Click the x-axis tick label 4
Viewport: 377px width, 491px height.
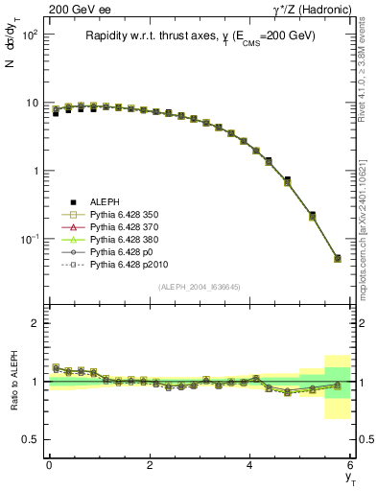click(250, 465)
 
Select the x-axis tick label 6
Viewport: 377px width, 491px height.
click(350, 465)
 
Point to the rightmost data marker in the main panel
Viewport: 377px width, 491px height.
click(337, 258)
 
